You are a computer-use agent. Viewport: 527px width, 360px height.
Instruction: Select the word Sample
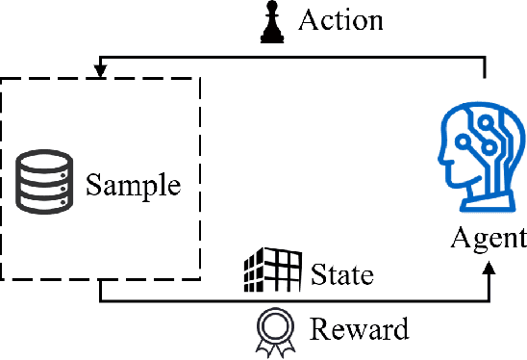133,184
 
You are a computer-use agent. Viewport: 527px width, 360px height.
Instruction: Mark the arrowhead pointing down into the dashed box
99,70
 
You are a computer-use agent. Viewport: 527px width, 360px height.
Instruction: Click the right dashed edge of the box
199,178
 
